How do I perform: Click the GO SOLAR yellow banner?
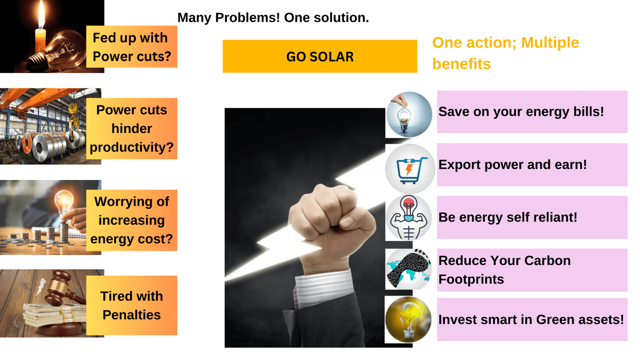pyautogui.click(x=320, y=56)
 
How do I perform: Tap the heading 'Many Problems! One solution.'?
pyautogui.click(x=273, y=18)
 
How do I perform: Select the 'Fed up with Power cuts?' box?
pyautogui.click(x=132, y=47)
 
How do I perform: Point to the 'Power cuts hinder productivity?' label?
pyautogui.click(x=132, y=128)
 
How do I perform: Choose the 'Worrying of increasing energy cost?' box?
pyautogui.click(x=132, y=220)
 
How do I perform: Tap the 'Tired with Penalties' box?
pyautogui.click(x=132, y=306)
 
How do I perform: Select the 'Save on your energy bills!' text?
pyautogui.click(x=521, y=112)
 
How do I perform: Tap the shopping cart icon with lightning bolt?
pyautogui.click(x=410, y=170)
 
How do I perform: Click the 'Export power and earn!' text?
pyautogui.click(x=512, y=164)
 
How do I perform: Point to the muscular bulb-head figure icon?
pyautogui.click(x=408, y=218)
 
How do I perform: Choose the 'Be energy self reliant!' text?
pyautogui.click(x=508, y=218)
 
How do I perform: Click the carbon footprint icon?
pyautogui.click(x=408, y=269)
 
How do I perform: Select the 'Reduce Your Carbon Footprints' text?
pyautogui.click(x=504, y=270)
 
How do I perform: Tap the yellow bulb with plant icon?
pyautogui.click(x=408, y=320)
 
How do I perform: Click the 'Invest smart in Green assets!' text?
pyautogui.click(x=531, y=320)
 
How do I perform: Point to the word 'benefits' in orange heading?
pyautogui.click(x=462, y=64)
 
